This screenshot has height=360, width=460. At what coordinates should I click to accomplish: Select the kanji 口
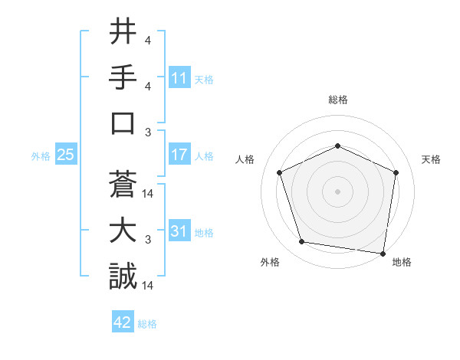coord(123,123)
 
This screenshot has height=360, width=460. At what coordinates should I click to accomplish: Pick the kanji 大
coord(123,230)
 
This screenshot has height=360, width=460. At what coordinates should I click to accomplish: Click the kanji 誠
coord(123,276)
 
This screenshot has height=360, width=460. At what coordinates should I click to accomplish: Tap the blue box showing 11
coord(179,77)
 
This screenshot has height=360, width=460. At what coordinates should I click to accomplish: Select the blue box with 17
coord(179,155)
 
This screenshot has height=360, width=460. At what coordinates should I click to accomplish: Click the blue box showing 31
coord(179,231)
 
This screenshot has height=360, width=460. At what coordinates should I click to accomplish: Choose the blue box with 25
coord(65,155)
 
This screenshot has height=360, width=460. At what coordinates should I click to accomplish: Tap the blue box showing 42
coord(123,322)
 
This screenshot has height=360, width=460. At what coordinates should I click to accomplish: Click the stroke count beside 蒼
coord(149,194)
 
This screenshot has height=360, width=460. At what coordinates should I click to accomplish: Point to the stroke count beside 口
coord(148,133)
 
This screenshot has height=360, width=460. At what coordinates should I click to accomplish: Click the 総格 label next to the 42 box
coord(147,324)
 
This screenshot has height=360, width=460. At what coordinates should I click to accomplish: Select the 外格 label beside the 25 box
coord(41,156)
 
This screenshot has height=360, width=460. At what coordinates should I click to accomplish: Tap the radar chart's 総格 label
coord(337,100)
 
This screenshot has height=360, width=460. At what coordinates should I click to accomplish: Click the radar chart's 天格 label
coord(432,159)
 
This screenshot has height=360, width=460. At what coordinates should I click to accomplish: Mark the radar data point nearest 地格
coord(383,253)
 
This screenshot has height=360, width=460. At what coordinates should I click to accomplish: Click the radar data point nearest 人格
coord(280,172)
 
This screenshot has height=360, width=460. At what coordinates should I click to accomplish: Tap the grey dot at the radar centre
coord(337,191)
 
